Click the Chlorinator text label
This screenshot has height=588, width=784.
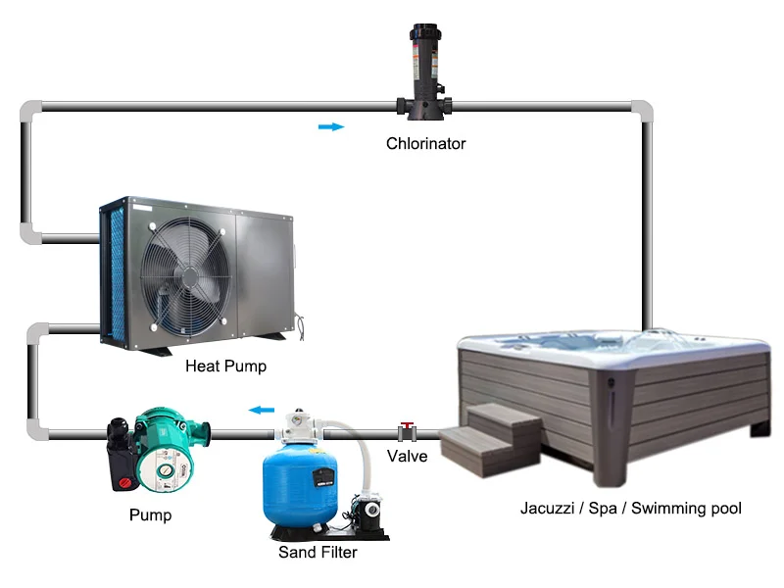pyautogui.click(x=425, y=144)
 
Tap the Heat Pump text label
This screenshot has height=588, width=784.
pyautogui.click(x=225, y=367)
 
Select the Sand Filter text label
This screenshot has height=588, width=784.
pyautogui.click(x=317, y=552)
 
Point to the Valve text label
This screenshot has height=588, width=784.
pyautogui.click(x=407, y=456)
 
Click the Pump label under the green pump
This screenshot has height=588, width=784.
pyautogui.click(x=150, y=514)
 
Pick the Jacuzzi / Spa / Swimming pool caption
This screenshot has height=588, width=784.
pyautogui.click(x=630, y=509)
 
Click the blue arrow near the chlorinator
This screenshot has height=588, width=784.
pyautogui.click(x=332, y=126)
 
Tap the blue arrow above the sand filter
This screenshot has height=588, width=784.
pyautogui.click(x=260, y=410)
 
